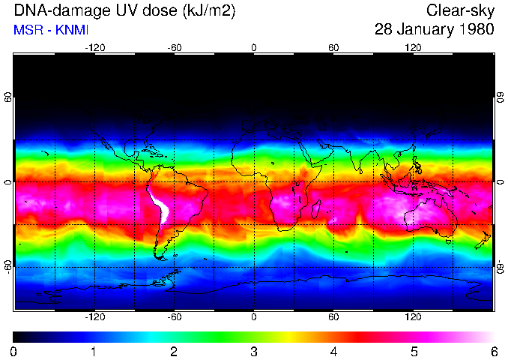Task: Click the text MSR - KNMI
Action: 46,30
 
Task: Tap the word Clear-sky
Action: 460,10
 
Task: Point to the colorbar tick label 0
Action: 14,351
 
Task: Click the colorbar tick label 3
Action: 254,351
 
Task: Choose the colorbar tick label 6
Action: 493,351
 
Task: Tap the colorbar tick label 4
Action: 333,351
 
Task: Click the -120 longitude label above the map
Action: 94,48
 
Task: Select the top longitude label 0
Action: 254,48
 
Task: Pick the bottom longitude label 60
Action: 333,316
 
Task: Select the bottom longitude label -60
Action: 174,316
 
